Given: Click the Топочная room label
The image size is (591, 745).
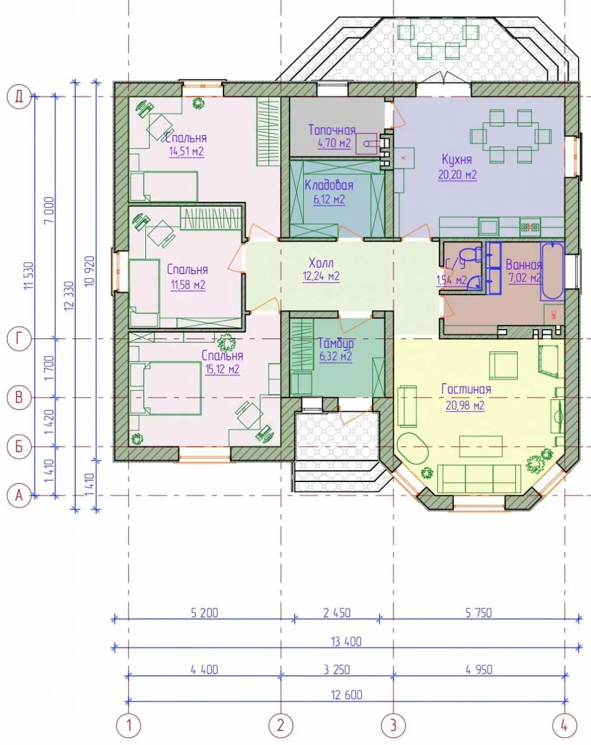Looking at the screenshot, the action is [332, 130].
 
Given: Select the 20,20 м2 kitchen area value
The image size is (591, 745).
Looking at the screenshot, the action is [457, 175].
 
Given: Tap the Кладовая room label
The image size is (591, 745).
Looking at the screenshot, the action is [329, 185].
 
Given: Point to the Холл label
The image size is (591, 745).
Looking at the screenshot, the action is [321, 263].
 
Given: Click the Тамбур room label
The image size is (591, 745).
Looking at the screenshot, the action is [336, 343].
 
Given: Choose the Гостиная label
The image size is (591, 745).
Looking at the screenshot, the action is [466, 389].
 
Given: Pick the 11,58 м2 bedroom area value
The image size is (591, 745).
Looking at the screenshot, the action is [188, 285].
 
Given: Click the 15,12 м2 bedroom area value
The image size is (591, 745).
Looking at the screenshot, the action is [222, 369].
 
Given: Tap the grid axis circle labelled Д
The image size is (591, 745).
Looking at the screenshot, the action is [19, 97].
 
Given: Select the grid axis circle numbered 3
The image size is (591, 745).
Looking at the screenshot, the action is [393, 725].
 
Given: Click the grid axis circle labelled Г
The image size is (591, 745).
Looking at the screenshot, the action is [19, 339].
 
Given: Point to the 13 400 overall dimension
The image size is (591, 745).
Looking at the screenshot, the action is [346, 642].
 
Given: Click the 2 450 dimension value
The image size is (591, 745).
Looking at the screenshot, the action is [337, 613].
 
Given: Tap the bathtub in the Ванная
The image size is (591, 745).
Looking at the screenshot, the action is [552, 271].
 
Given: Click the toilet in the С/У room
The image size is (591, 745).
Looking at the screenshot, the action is [473, 254].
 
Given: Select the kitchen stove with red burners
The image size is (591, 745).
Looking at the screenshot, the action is [530, 227].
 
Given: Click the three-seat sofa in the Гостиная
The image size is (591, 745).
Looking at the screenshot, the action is [479, 479].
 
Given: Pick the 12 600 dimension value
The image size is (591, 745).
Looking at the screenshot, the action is [346, 695].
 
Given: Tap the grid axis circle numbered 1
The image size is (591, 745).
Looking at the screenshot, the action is [128, 725].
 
